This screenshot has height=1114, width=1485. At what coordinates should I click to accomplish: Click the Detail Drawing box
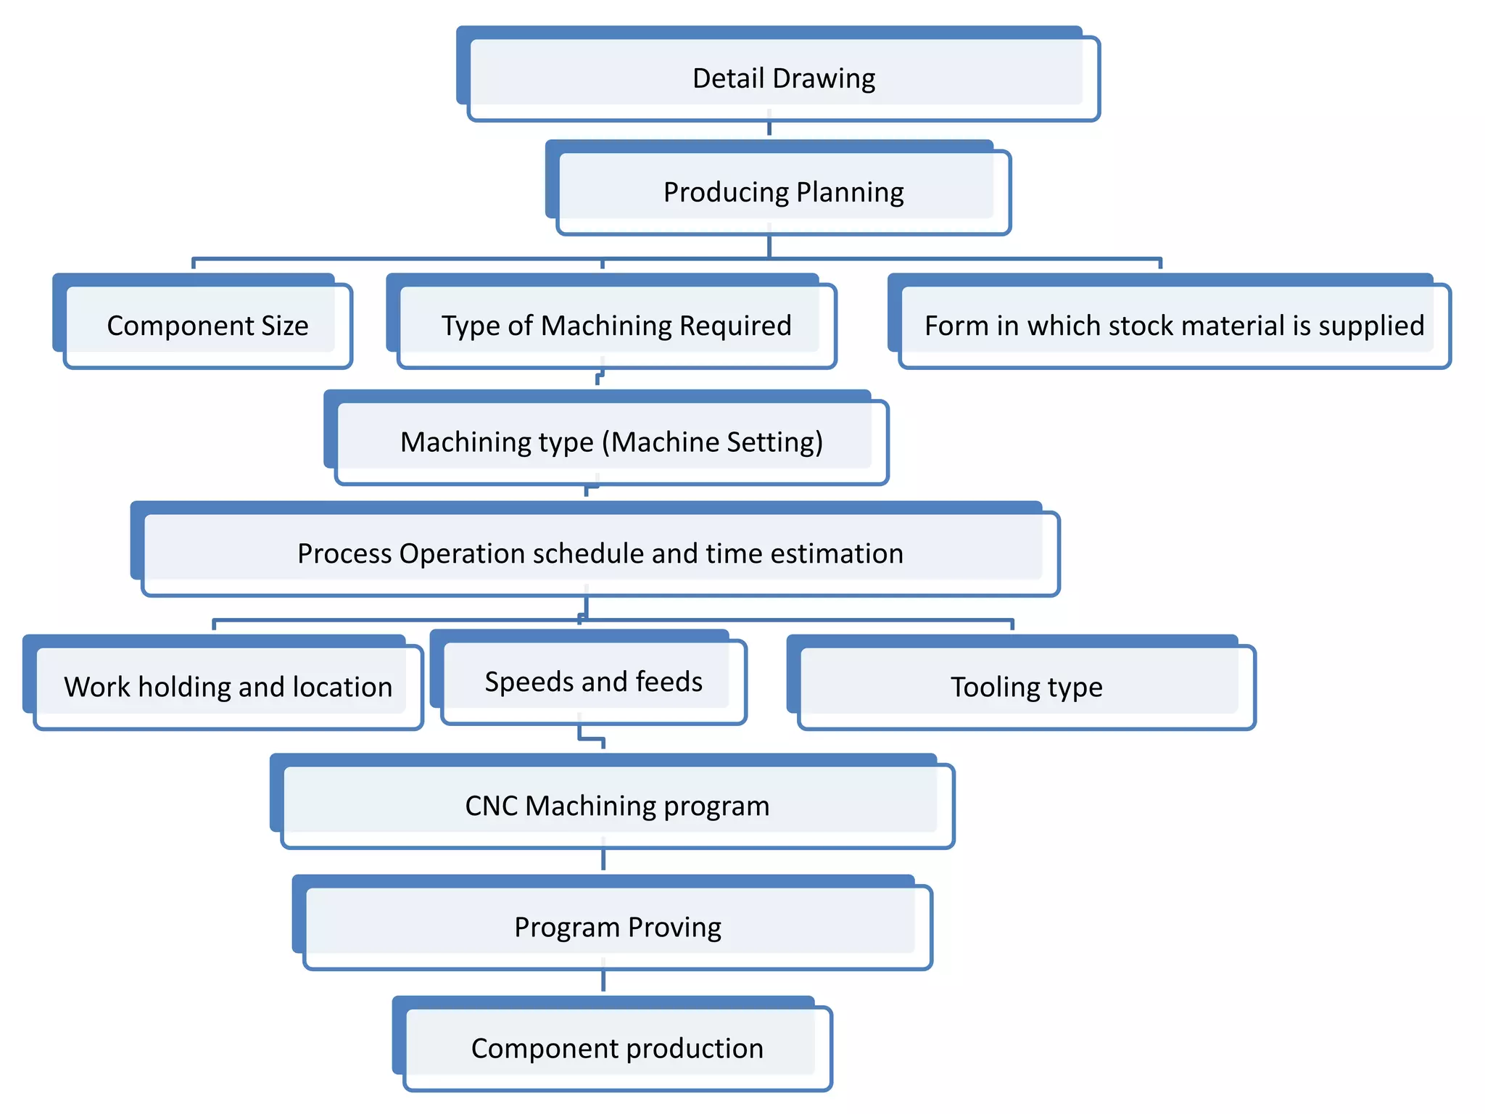click(x=783, y=78)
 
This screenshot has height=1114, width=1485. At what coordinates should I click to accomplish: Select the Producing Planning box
click(x=783, y=191)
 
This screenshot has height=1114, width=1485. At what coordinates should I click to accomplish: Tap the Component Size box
click(x=207, y=325)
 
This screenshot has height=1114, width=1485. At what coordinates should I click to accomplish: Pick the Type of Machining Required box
click(x=616, y=325)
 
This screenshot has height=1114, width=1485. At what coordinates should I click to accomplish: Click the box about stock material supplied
click(x=1174, y=325)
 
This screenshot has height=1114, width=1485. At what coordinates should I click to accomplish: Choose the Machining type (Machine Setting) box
click(x=611, y=442)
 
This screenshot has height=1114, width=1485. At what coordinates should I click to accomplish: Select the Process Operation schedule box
click(x=600, y=553)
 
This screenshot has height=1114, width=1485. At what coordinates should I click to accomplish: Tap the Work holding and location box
click(x=228, y=686)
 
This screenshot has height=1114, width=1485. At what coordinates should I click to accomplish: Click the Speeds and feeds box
click(x=593, y=681)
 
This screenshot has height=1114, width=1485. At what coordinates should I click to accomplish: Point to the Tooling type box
click(x=1026, y=686)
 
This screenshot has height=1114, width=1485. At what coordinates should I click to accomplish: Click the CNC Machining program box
click(x=617, y=805)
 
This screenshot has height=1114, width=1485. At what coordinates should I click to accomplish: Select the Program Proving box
click(x=617, y=927)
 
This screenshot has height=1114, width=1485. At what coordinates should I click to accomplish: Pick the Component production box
click(x=617, y=1048)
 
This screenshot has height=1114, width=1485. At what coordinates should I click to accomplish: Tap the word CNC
click(x=491, y=805)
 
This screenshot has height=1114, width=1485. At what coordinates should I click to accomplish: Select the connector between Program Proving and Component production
click(x=603, y=981)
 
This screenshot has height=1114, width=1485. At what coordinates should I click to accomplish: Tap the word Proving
click(x=674, y=927)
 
